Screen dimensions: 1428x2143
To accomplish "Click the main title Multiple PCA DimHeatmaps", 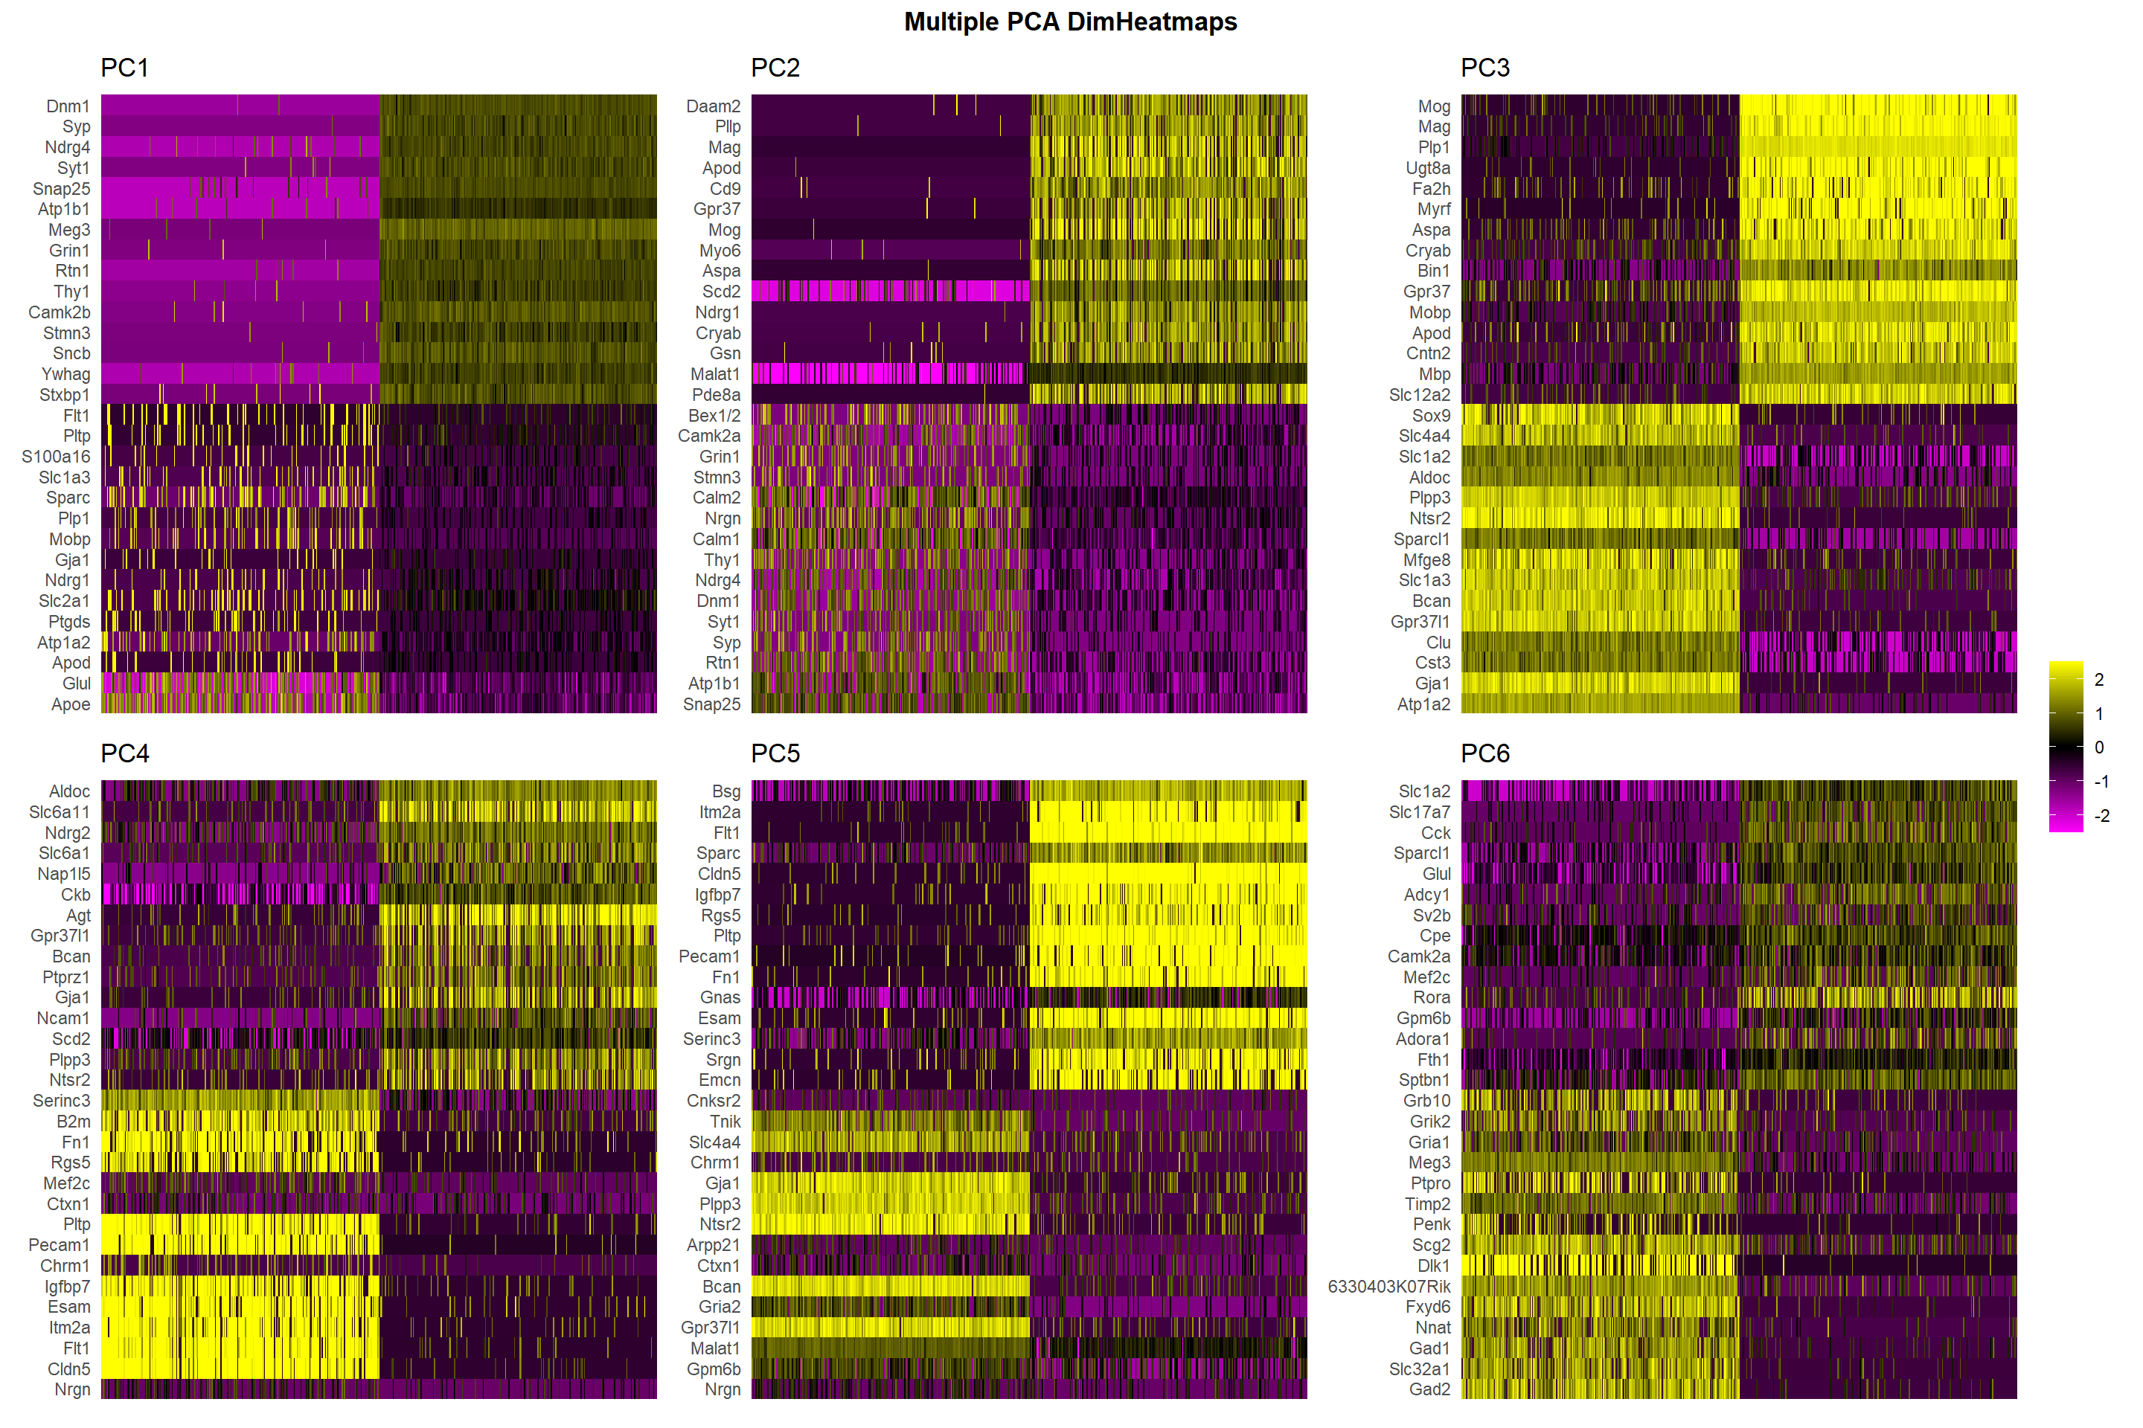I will (1070, 22).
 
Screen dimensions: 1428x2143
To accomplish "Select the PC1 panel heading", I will (124, 68).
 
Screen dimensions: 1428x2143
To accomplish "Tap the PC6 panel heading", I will (1484, 754).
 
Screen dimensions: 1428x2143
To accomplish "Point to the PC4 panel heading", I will (124, 754).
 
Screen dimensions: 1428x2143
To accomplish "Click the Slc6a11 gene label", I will (60, 812).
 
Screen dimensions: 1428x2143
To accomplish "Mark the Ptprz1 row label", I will (65, 977).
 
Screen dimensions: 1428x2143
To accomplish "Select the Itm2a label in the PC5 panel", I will (719, 812).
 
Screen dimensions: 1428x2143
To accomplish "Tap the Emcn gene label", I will (719, 1080).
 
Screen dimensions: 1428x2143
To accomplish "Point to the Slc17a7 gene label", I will (1419, 812).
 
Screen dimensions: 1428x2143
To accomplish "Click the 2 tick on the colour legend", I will (2099, 679).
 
